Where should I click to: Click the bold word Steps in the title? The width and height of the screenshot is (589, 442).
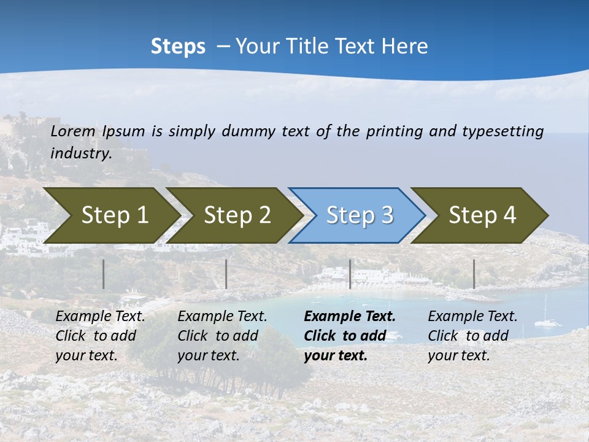click(178, 47)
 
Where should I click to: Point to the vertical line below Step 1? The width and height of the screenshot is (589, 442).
click(104, 274)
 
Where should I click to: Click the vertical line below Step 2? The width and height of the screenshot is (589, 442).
click(226, 274)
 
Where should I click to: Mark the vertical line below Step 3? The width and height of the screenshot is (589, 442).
click(350, 274)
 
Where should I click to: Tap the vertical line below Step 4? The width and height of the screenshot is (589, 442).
click(474, 274)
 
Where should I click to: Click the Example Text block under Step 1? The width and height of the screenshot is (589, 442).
click(100, 336)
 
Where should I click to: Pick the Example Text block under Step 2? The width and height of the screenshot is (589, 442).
click(222, 336)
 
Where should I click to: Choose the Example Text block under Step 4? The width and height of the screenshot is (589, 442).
click(472, 336)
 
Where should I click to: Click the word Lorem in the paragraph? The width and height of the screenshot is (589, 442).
click(73, 131)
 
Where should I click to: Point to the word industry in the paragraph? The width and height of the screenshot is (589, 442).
click(81, 153)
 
